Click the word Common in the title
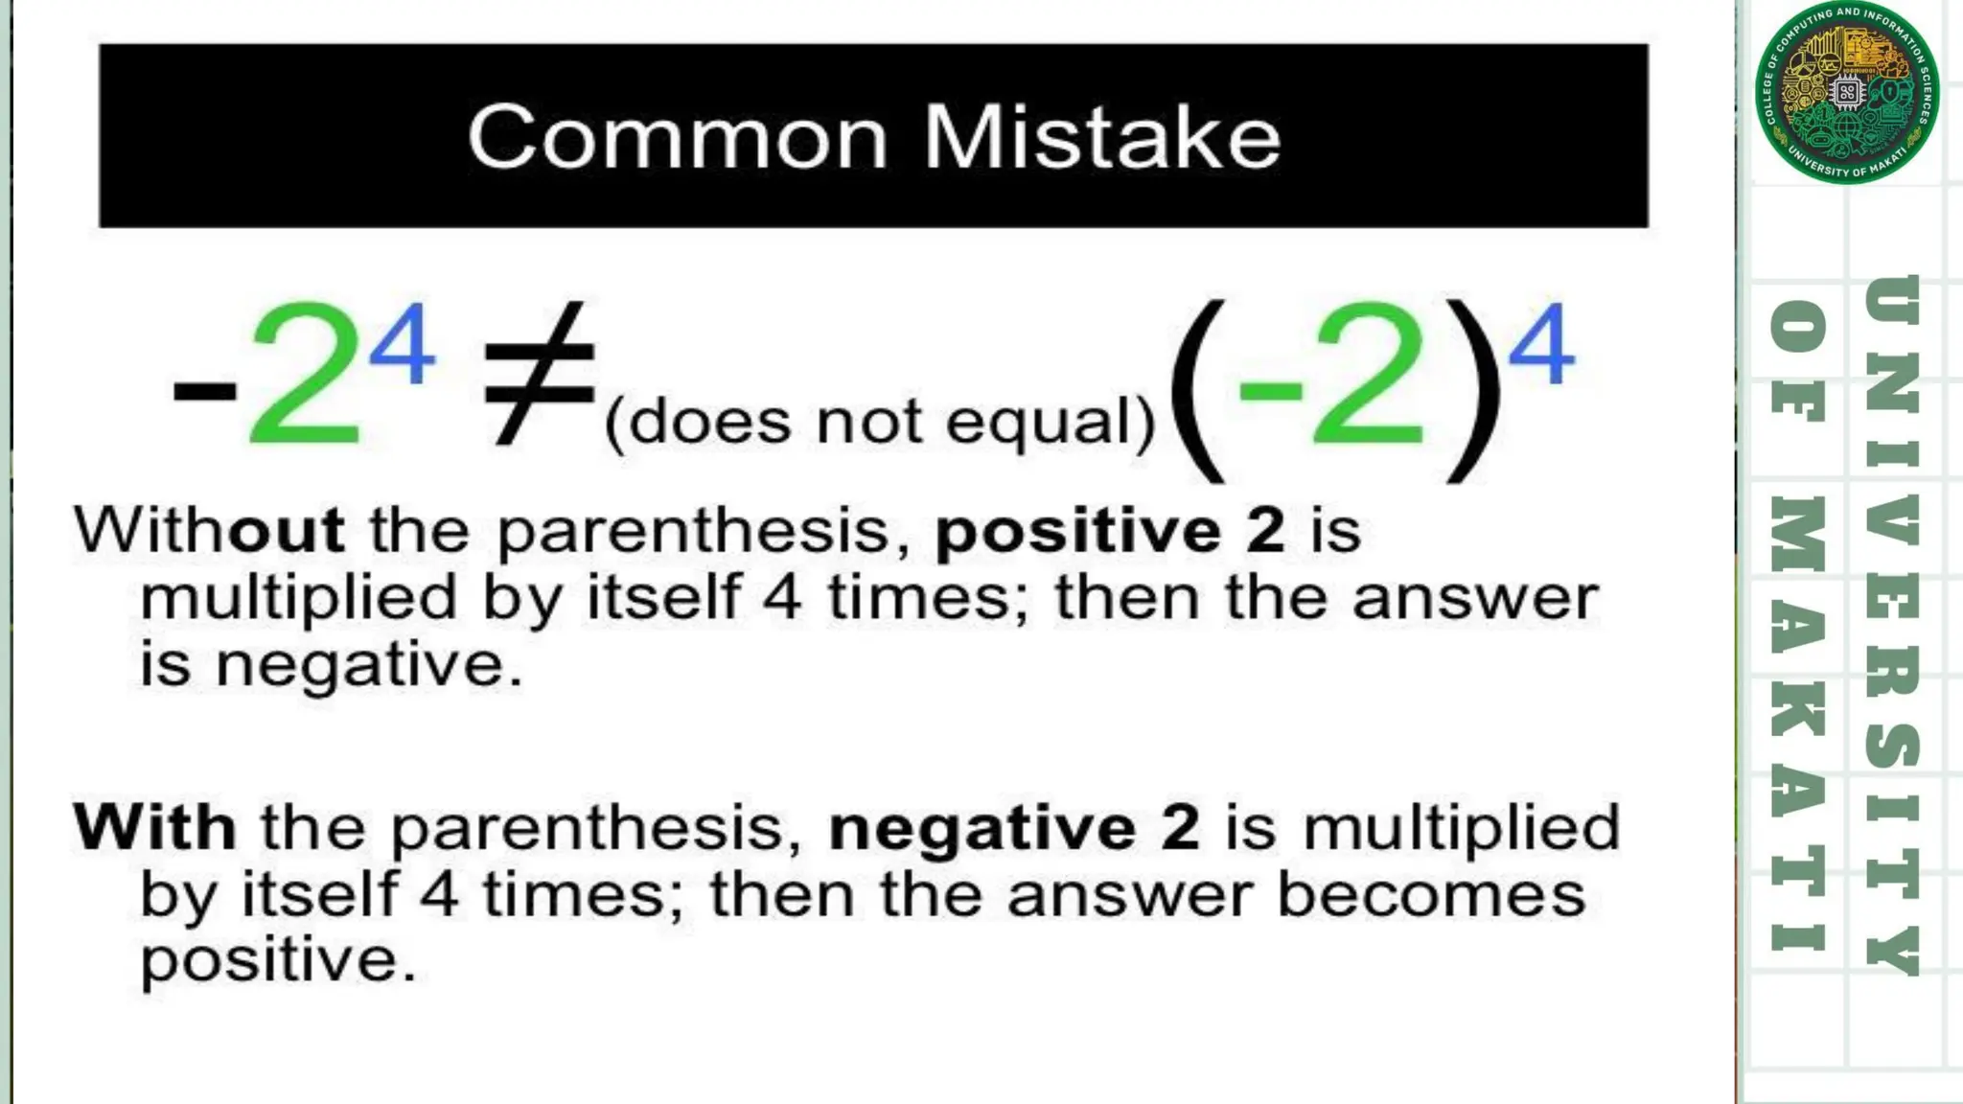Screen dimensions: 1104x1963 click(x=678, y=137)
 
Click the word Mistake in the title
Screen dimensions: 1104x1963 click(x=1101, y=137)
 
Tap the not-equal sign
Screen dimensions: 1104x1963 click(x=539, y=374)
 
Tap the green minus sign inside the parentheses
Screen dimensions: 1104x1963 click(x=1270, y=388)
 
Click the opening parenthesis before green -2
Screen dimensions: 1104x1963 click(x=1197, y=388)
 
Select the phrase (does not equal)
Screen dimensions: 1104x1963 click(x=880, y=422)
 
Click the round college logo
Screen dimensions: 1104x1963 click(x=1846, y=93)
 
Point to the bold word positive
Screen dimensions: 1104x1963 click(x=1077, y=531)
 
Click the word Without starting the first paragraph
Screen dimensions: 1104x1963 click(x=209, y=529)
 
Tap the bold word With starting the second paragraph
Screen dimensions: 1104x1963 click(x=154, y=827)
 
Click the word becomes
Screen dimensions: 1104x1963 click(x=1431, y=895)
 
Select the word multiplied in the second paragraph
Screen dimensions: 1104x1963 click(x=1461, y=828)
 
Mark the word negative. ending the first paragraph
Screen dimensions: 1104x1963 click(x=370, y=665)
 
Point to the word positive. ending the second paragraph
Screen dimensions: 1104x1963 click(x=278, y=961)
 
